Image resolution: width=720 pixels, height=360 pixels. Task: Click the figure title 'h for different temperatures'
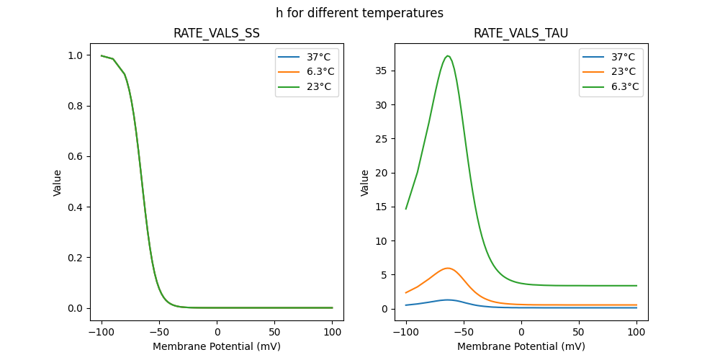(x=359, y=13)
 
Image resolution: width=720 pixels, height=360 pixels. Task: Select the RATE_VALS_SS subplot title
(x=217, y=33)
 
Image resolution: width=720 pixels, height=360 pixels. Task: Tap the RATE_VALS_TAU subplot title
(x=521, y=33)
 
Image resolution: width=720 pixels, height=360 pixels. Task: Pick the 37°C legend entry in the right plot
(x=621, y=56)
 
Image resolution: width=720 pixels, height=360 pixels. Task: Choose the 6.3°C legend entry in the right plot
(x=624, y=86)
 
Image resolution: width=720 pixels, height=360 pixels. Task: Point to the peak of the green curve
(x=448, y=55)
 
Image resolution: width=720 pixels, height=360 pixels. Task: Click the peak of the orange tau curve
(x=448, y=268)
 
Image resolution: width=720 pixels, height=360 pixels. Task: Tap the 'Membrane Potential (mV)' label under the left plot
(x=217, y=346)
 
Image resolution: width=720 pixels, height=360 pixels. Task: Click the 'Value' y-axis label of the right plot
(x=365, y=183)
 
